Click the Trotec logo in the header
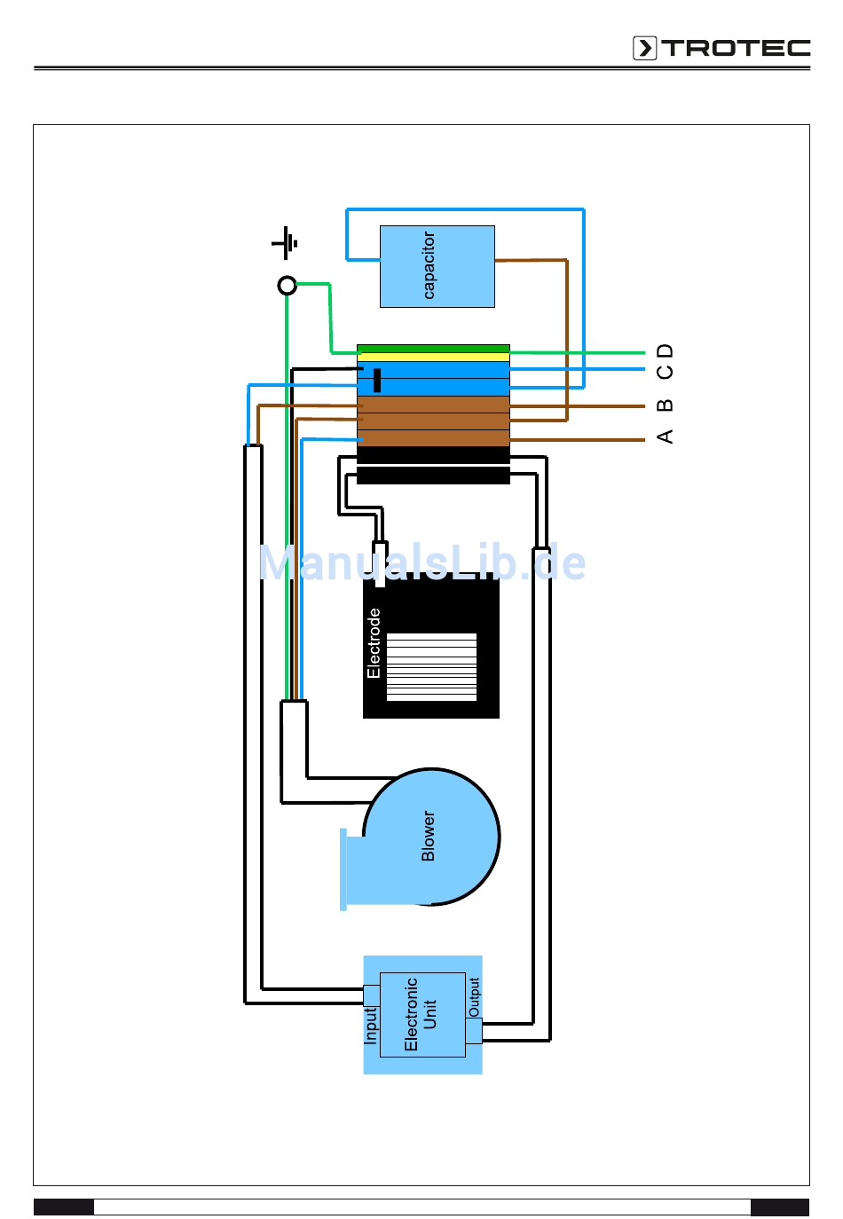tap(721, 48)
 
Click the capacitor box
tap(437, 266)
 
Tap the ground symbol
tap(285, 243)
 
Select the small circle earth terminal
tap(287, 285)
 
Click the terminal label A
tap(665, 436)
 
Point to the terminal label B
tap(665, 405)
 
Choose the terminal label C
tap(665, 371)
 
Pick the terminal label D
tap(665, 350)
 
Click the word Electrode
tap(374, 643)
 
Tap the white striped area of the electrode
tap(431, 666)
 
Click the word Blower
tap(428, 836)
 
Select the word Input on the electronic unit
tap(370, 1026)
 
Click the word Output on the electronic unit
tap(474, 997)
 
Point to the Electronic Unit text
tap(420, 1014)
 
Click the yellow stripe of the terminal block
tap(433, 357)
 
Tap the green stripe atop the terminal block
tap(433, 349)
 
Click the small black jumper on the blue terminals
tap(376, 380)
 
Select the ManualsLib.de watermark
tap(422, 562)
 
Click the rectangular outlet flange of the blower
tap(343, 869)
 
